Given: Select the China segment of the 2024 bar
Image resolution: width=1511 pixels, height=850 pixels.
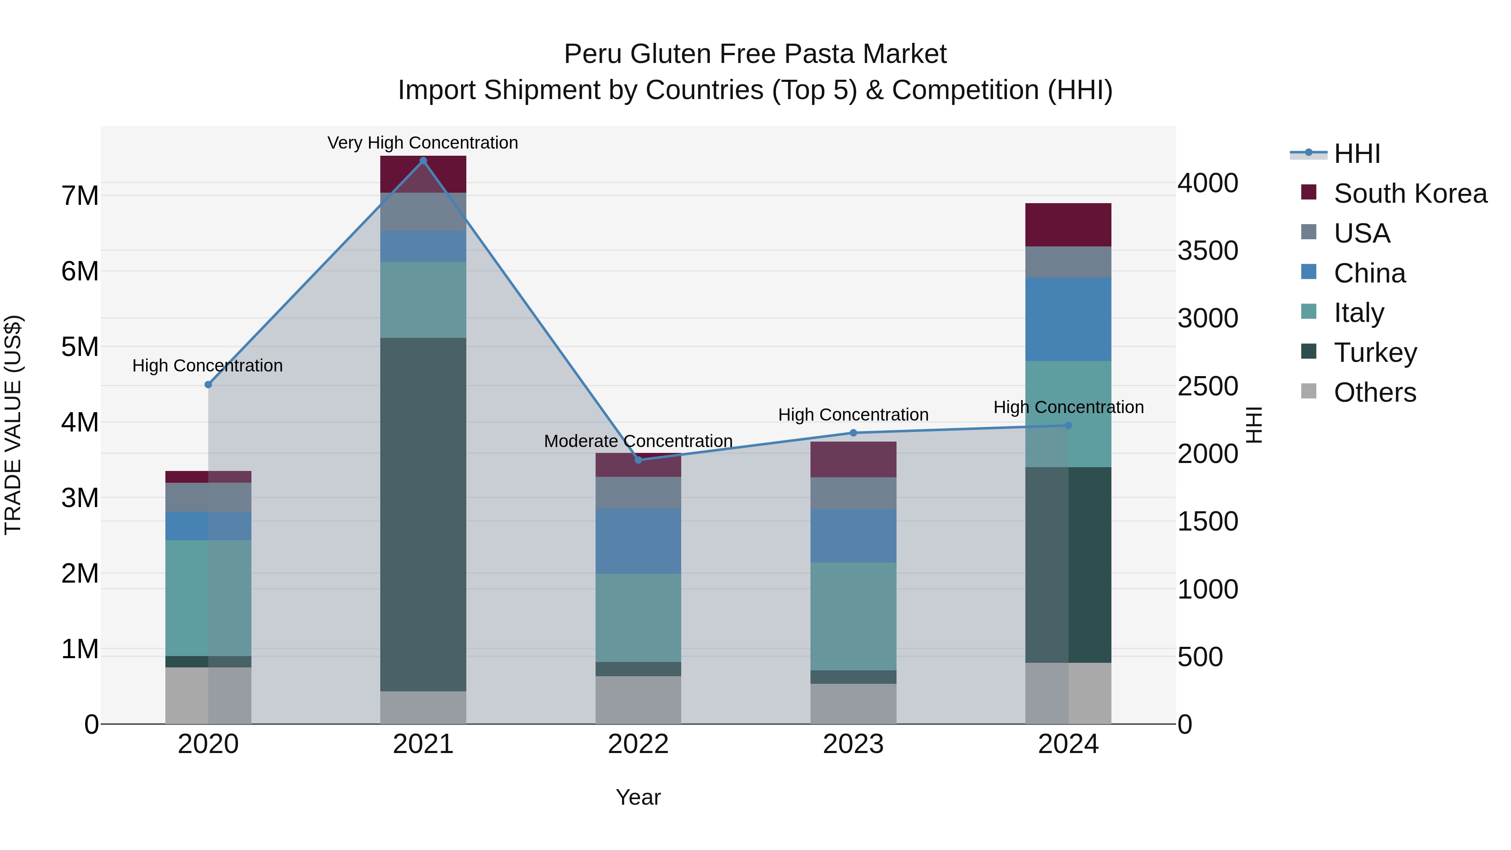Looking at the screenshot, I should coord(1068,319).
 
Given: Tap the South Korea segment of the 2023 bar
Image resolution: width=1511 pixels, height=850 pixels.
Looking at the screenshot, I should coord(853,459).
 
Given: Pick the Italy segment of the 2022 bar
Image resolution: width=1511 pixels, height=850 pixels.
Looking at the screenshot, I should coord(638,618).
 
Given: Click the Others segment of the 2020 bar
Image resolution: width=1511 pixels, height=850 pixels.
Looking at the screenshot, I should coord(208,695).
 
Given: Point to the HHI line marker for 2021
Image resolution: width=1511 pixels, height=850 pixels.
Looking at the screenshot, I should coord(423,161).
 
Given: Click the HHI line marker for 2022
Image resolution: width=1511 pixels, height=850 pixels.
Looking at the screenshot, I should coord(638,460).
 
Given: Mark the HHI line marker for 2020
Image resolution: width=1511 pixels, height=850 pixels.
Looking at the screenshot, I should coord(208,385).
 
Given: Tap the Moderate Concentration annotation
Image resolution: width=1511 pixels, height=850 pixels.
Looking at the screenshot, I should coord(638,441).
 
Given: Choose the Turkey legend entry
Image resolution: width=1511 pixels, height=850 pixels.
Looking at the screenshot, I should coord(1375,353).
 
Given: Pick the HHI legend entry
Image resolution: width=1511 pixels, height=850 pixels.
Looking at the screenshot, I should coord(1357,154).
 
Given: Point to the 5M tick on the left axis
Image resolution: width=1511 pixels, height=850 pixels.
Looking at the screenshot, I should coord(80,347).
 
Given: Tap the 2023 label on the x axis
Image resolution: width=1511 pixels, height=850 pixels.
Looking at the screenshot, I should coord(853,744).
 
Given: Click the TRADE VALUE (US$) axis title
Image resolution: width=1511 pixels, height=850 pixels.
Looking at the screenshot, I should coord(13,425).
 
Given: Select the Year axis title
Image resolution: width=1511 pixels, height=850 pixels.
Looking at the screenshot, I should coord(638,797).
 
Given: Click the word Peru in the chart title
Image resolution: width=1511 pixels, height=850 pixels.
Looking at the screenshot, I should coord(592,54).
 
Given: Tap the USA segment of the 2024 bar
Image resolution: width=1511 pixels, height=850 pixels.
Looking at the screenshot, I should coord(1068,262).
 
